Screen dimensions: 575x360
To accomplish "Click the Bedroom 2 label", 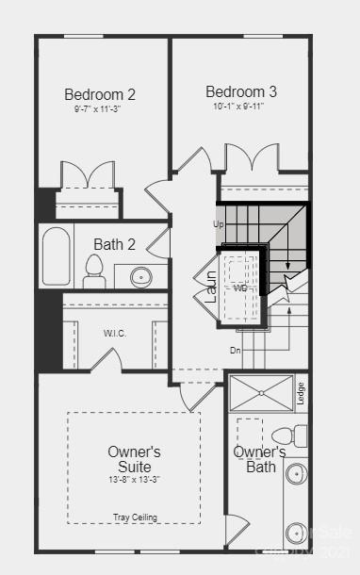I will pos(100,94).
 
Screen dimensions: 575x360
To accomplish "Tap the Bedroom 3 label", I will pos(241,91).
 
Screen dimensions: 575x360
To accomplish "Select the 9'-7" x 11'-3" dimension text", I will pos(100,108).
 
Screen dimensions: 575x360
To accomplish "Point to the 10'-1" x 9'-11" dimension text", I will pos(241,106).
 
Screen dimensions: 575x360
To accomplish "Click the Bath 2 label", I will pos(114,244).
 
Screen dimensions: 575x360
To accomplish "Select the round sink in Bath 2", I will pos(141,277).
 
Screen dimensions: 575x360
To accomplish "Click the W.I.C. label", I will pos(115,333).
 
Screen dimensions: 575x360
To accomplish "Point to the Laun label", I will pos(212,286).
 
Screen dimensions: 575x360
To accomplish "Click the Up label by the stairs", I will pos(219,224).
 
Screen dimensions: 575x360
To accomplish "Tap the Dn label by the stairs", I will pos(236,350).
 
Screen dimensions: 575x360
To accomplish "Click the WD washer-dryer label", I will pos(240,287).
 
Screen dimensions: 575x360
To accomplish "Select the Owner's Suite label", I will pos(135,459).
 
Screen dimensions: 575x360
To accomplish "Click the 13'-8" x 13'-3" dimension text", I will pos(135,480).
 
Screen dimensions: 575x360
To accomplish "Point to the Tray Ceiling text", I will pos(136,517).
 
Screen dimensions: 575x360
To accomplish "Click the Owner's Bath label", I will pos(260,459).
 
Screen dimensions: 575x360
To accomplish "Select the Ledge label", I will pos(301,391).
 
